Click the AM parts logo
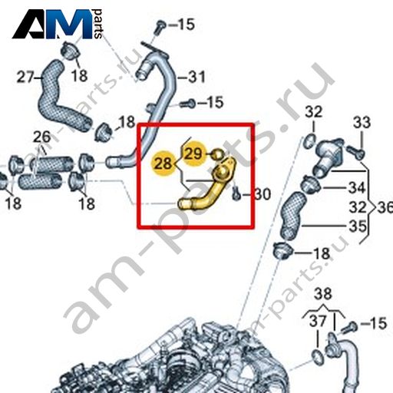point(58,24)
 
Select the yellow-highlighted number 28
point(163,163)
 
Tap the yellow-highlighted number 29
point(193,154)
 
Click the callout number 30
point(263,194)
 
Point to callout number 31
point(196,77)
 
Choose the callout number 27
point(25,77)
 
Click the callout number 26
point(42,137)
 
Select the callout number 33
point(362,122)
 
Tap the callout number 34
point(357,187)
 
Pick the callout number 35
point(358,226)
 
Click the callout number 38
point(323,293)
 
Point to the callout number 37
point(318,321)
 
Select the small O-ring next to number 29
point(218,154)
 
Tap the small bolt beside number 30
point(236,193)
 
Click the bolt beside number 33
point(355,152)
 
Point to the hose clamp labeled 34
point(311,185)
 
